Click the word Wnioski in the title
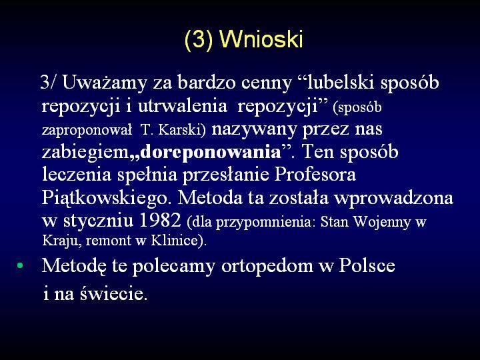(x=261, y=39)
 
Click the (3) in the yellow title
(x=199, y=40)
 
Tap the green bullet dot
(x=20, y=265)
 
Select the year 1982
(x=160, y=220)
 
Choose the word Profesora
(x=315, y=175)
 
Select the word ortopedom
(x=267, y=266)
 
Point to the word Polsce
(x=367, y=265)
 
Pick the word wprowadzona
(x=394, y=198)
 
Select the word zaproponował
(x=87, y=130)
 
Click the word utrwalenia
(x=183, y=106)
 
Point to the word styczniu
(x=98, y=221)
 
